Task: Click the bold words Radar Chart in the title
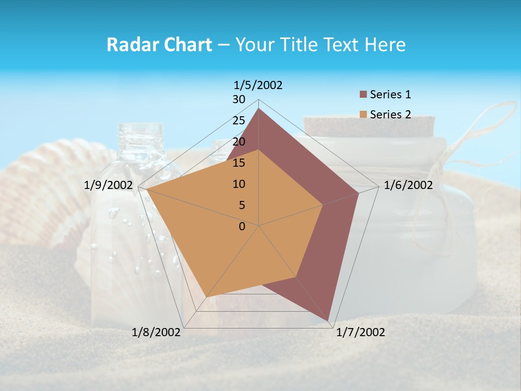pyautogui.click(x=159, y=45)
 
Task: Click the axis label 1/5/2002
pyautogui.click(x=258, y=85)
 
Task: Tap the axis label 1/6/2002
pyautogui.click(x=408, y=185)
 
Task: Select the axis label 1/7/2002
pyautogui.click(x=360, y=332)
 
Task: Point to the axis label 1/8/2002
pyautogui.click(x=156, y=332)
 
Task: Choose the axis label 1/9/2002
pyautogui.click(x=109, y=185)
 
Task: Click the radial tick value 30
pyautogui.click(x=239, y=99)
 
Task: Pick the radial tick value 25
pyautogui.click(x=239, y=121)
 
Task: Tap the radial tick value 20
pyautogui.click(x=239, y=142)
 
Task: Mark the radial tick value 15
pyautogui.click(x=239, y=163)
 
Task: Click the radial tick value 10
pyautogui.click(x=239, y=184)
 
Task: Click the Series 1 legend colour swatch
pyautogui.click(x=364, y=95)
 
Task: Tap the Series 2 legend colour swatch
pyautogui.click(x=364, y=115)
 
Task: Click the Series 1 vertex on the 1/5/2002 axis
pyautogui.click(x=259, y=108)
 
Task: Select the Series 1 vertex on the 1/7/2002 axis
pyautogui.click(x=328, y=321)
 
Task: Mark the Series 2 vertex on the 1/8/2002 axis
pyautogui.click(x=207, y=297)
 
